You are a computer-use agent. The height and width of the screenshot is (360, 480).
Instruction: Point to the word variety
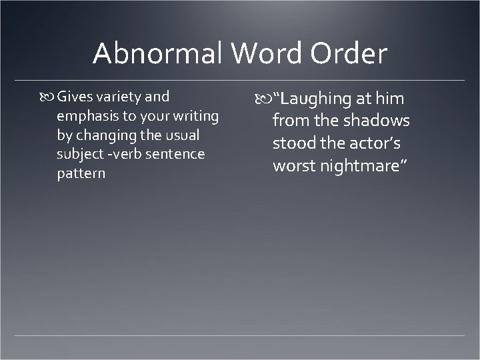119,97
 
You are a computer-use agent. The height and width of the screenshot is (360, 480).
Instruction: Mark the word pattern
81,173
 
